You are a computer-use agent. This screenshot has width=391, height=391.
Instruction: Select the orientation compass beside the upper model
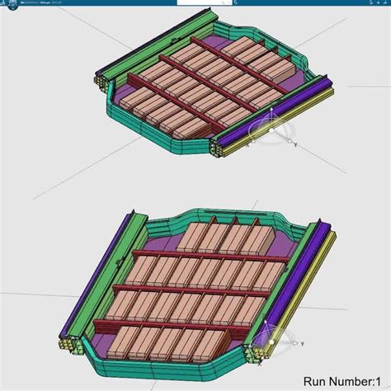pos(270,132)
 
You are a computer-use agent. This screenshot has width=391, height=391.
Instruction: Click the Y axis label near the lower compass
pos(302,343)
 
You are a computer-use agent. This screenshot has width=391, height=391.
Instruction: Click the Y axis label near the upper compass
pos(294,144)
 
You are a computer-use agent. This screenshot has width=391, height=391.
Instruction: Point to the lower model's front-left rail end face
pos(66,344)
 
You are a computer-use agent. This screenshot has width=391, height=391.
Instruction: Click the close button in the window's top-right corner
pos(386,4)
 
